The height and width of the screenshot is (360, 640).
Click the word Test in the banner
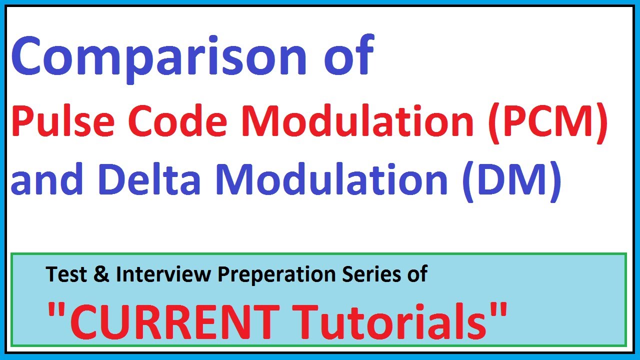pyautogui.click(x=65, y=274)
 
